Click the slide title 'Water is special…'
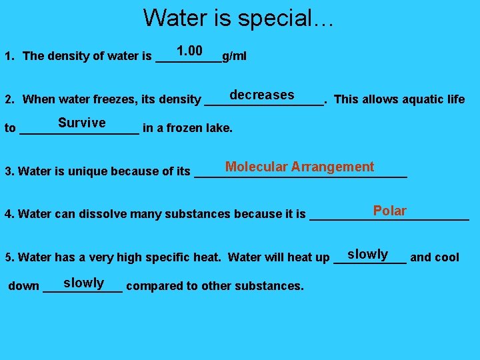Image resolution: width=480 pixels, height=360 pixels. click(x=238, y=17)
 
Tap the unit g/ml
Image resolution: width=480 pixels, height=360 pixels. click(x=234, y=56)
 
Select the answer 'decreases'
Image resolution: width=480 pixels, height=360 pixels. click(x=261, y=95)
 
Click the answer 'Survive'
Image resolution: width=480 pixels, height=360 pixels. click(x=81, y=123)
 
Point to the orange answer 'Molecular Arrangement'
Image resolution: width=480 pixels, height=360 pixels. click(x=299, y=167)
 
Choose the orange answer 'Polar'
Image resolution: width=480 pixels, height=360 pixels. click(x=389, y=211)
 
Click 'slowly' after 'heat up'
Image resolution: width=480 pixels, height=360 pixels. click(x=367, y=254)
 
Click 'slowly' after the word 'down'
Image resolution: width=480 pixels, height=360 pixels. click(x=83, y=283)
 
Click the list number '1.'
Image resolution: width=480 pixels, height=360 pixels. click(x=9, y=56)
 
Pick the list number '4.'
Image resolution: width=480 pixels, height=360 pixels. click(x=9, y=214)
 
